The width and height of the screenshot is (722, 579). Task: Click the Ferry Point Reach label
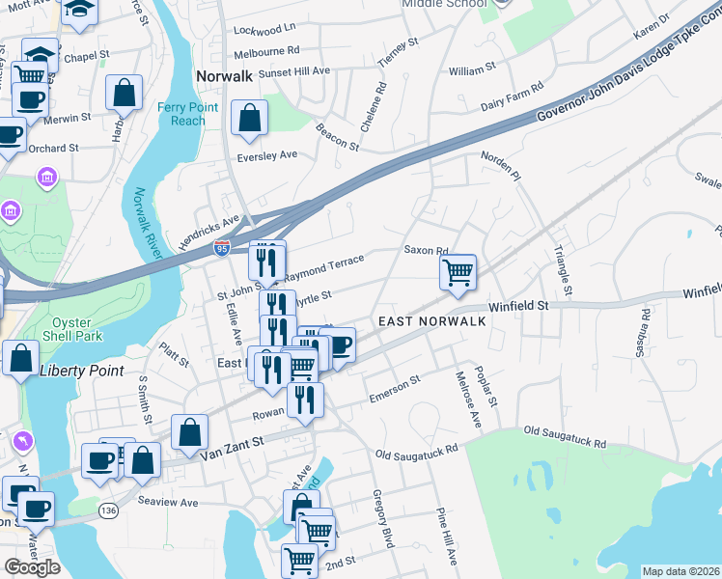181,114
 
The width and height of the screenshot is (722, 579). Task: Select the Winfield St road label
518,305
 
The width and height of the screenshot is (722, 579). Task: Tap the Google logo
32,567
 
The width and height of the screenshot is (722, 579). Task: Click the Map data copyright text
680,571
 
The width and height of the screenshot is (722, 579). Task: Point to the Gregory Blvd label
382,519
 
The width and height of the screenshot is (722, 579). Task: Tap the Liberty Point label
76,371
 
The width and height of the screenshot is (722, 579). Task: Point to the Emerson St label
395,390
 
